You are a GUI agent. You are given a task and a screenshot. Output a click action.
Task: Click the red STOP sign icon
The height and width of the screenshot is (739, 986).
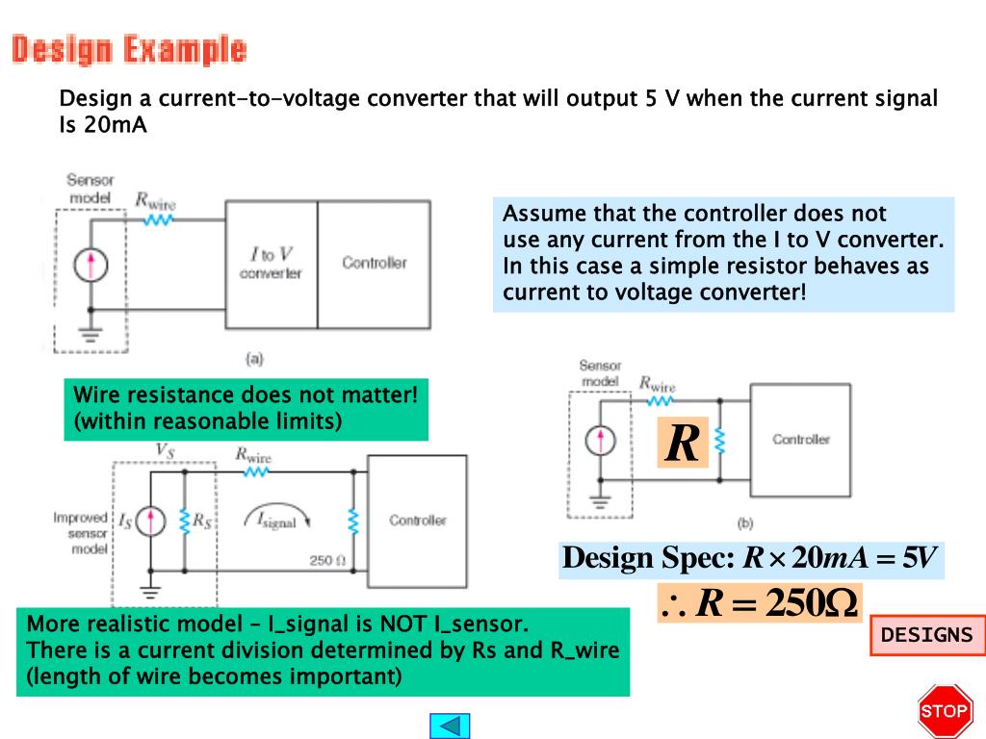click(x=944, y=711)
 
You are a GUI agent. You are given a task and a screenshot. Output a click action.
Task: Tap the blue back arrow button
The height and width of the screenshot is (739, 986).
click(x=449, y=725)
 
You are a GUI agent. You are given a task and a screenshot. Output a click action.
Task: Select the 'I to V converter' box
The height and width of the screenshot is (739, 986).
click(x=271, y=264)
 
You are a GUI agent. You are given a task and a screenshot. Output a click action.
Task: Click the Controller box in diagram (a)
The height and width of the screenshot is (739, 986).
click(x=374, y=263)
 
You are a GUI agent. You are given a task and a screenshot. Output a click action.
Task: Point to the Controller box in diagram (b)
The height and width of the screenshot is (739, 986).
click(x=800, y=440)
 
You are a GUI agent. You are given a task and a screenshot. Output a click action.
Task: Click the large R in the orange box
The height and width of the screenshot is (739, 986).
click(x=683, y=444)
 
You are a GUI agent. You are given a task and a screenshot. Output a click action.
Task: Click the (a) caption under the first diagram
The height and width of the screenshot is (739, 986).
click(x=254, y=359)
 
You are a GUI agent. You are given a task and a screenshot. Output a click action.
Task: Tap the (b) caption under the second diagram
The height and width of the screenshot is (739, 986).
click(x=744, y=523)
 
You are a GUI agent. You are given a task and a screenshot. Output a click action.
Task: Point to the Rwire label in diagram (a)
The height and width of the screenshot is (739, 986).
click(x=155, y=201)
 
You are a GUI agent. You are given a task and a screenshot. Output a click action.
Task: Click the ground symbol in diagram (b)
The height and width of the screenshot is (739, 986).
click(x=601, y=501)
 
